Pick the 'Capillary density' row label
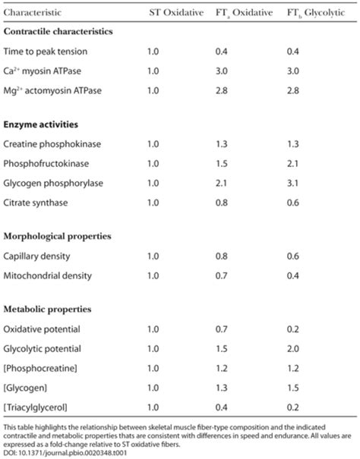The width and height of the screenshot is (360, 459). [37, 256]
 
